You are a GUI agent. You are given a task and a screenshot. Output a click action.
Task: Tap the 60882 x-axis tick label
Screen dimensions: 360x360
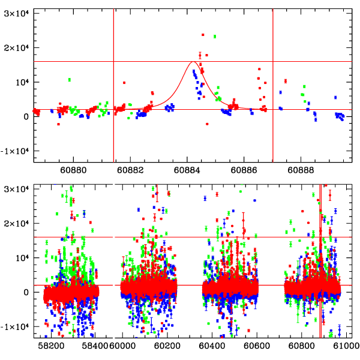(131, 170)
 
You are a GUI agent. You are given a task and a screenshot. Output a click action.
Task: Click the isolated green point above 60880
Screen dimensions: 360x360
(70, 80)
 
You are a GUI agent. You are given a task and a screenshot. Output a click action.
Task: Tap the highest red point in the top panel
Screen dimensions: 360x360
(203, 35)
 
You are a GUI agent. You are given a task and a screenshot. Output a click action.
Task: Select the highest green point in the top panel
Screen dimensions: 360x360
(214, 37)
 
